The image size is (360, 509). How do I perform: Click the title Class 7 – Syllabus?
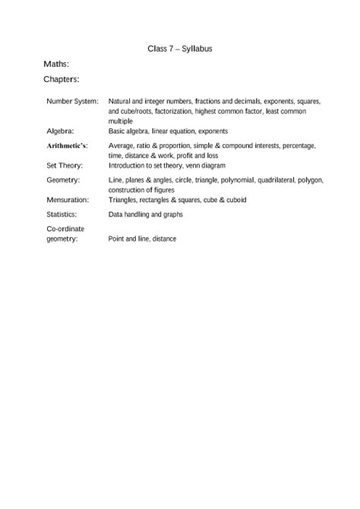point(179,48)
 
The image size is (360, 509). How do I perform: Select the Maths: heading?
point(57,65)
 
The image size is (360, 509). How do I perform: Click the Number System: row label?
point(72,101)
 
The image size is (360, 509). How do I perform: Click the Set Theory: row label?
point(65,165)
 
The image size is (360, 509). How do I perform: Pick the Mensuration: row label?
point(68,200)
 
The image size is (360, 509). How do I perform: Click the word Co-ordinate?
point(65,229)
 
